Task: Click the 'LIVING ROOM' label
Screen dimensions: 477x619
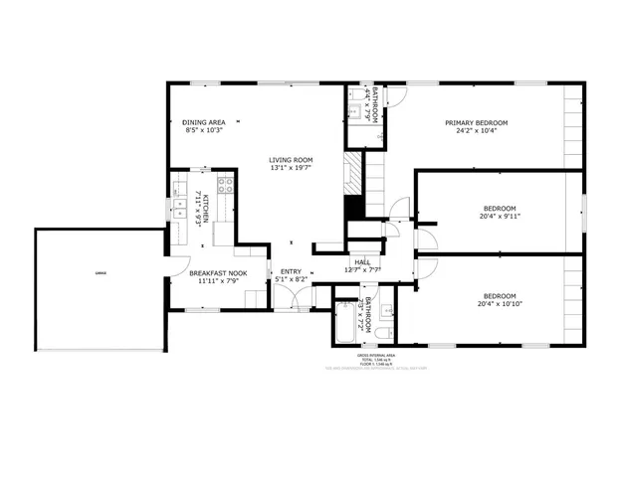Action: [291, 159]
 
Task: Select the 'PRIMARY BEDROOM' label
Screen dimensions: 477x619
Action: [476, 122]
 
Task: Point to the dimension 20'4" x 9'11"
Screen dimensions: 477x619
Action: [500, 216]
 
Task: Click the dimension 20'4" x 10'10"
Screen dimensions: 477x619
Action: [500, 303]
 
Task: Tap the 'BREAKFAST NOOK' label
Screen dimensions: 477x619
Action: [210, 271]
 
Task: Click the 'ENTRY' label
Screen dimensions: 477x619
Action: [291, 271]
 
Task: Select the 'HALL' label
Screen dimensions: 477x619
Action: [362, 262]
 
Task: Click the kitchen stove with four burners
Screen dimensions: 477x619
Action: [225, 184]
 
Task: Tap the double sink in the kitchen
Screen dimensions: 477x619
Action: [180, 209]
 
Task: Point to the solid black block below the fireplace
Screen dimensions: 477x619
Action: [352, 211]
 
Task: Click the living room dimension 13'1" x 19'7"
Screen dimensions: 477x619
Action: [291, 168]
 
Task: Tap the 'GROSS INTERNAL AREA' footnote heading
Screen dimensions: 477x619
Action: [376, 355]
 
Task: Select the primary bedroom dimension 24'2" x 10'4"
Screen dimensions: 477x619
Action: [476, 130]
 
